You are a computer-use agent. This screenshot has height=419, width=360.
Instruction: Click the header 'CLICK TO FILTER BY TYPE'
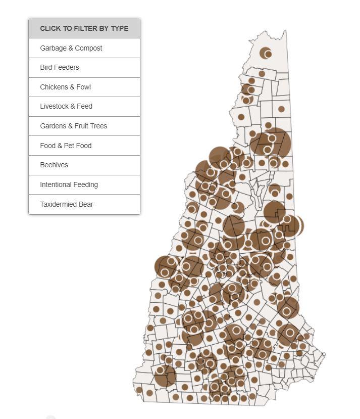(84, 28)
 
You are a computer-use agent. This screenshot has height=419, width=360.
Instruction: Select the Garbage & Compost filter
(71, 48)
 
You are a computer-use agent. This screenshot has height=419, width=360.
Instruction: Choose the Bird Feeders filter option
(60, 67)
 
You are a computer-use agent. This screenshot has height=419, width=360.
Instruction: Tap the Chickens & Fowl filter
(66, 87)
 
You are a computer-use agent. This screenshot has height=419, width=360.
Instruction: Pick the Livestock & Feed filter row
(66, 106)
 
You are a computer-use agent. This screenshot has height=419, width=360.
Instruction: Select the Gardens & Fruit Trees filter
(74, 126)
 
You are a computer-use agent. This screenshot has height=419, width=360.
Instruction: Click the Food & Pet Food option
(66, 146)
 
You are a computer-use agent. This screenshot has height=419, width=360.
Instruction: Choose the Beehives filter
(54, 165)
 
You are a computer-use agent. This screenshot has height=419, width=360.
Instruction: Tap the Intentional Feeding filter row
(69, 184)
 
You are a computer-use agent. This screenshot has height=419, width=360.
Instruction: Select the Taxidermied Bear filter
(67, 204)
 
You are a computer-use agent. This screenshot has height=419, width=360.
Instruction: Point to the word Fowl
(83, 87)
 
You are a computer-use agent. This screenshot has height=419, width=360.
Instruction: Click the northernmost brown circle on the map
(266, 53)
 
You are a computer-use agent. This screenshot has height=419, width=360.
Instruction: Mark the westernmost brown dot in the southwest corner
(139, 390)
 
